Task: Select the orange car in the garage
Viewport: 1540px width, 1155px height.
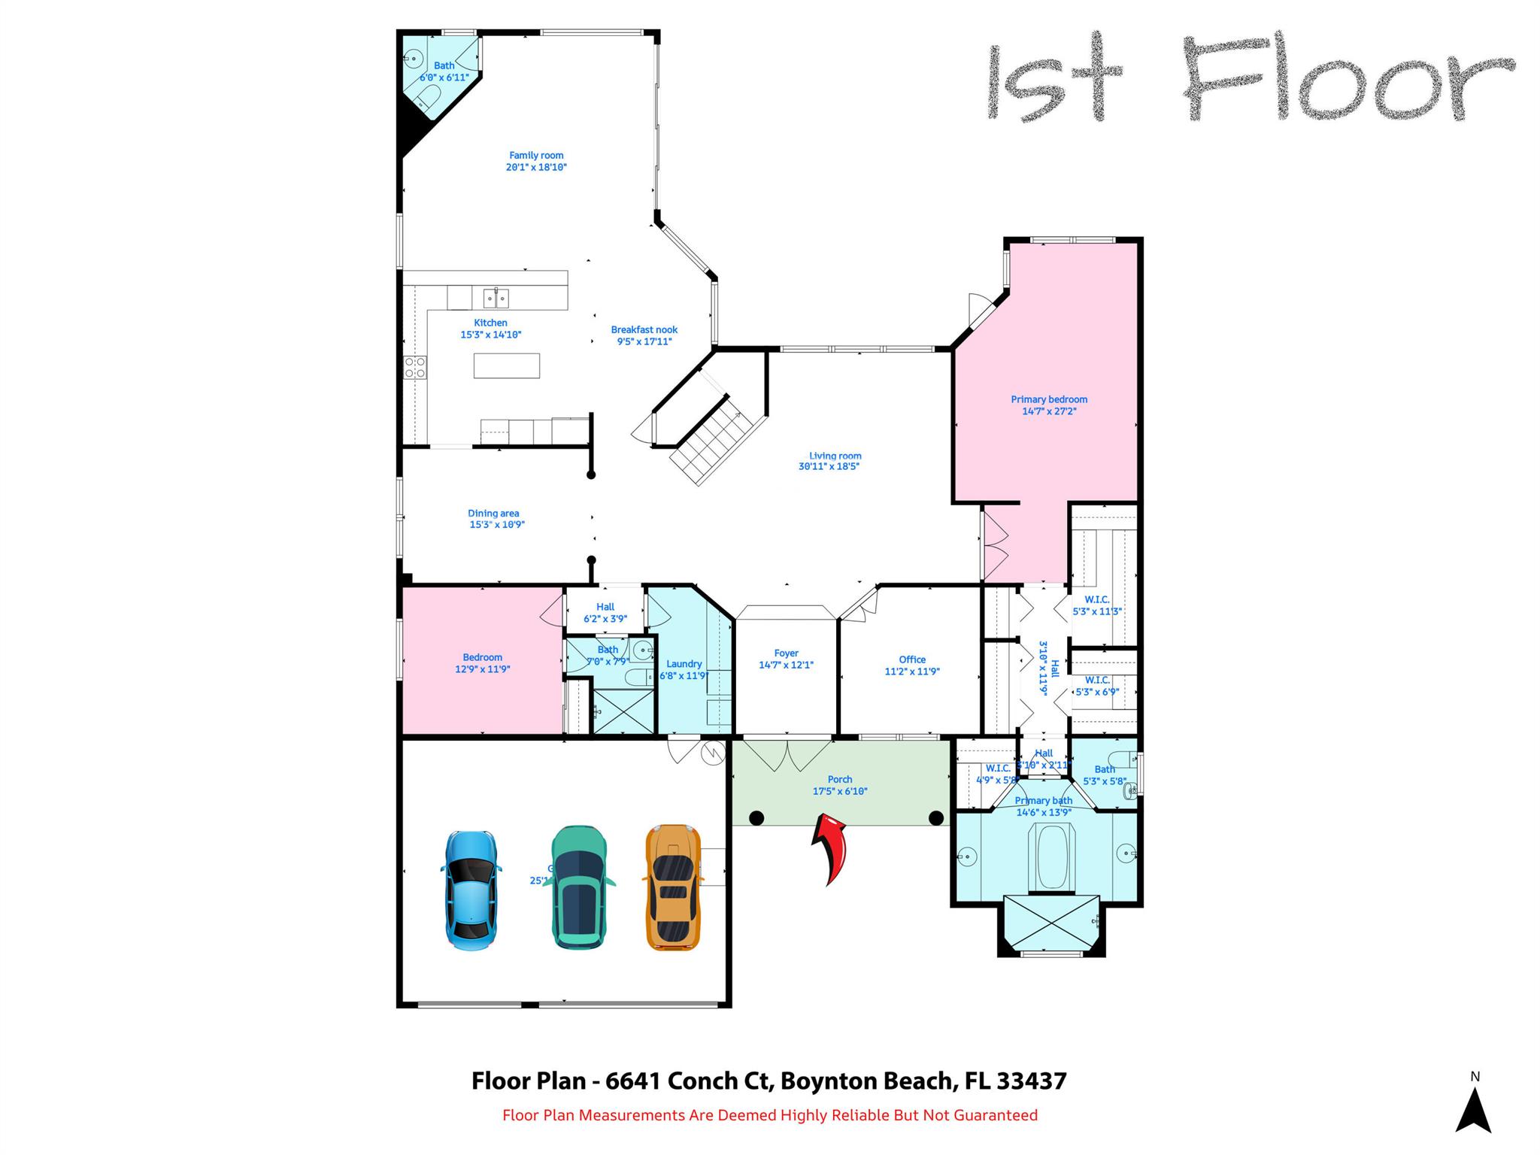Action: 673,887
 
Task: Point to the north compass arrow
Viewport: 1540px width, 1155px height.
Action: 1473,1110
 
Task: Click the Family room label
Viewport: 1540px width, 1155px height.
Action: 536,161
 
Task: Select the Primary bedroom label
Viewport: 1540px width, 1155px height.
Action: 1048,405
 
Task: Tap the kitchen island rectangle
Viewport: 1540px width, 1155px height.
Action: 506,365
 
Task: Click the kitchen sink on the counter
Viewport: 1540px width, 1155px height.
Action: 496,299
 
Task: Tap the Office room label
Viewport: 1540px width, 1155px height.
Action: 912,665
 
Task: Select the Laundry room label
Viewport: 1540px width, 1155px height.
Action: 684,669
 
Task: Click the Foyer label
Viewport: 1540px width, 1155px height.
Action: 786,659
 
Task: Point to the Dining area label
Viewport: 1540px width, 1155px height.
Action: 494,519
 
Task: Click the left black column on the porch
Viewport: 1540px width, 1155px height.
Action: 756,817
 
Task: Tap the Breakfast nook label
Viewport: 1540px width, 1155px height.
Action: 644,335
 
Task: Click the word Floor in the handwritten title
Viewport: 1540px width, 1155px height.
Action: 1346,79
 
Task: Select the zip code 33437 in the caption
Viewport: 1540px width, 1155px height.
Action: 1031,1081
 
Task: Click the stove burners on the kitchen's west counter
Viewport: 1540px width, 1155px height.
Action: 415,368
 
